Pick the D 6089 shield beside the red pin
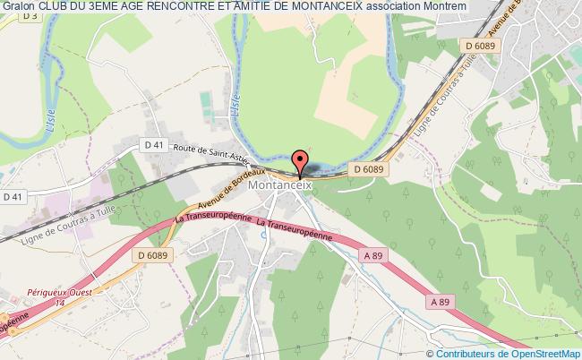[368, 168]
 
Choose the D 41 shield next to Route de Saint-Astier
[155, 144]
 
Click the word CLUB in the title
[54, 7]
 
